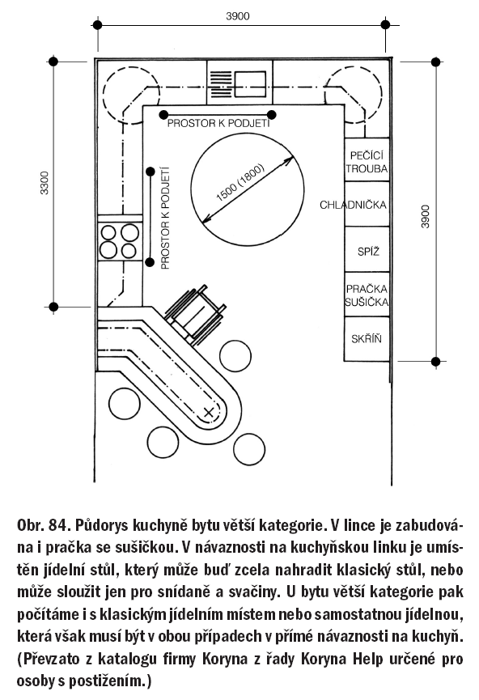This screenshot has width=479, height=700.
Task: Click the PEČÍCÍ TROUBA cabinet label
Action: pyautogui.click(x=367, y=162)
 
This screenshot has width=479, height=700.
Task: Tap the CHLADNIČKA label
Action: pyautogui.click(x=353, y=205)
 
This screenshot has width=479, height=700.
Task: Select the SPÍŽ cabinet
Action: pyautogui.click(x=367, y=249)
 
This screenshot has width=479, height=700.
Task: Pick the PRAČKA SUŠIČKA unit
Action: pyautogui.click(x=367, y=295)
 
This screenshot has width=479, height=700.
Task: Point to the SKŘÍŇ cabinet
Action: pyautogui.click(x=367, y=339)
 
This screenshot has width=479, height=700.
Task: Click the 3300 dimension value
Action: pyautogui.click(x=45, y=183)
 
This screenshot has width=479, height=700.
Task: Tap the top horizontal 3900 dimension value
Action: pyautogui.click(x=238, y=16)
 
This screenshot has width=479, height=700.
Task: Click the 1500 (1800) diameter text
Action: pyautogui.click(x=240, y=183)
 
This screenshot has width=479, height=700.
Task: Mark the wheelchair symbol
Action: pyautogui.click(x=195, y=312)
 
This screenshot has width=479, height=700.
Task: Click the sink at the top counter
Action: pyautogui.click(x=239, y=83)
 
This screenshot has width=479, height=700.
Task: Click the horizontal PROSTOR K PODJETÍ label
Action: pyautogui.click(x=218, y=124)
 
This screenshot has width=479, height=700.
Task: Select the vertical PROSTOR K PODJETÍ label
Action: pyautogui.click(x=165, y=218)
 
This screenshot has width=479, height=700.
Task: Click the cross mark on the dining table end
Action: pyautogui.click(x=209, y=412)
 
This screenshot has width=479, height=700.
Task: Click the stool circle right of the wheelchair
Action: pyautogui.click(x=235, y=356)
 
